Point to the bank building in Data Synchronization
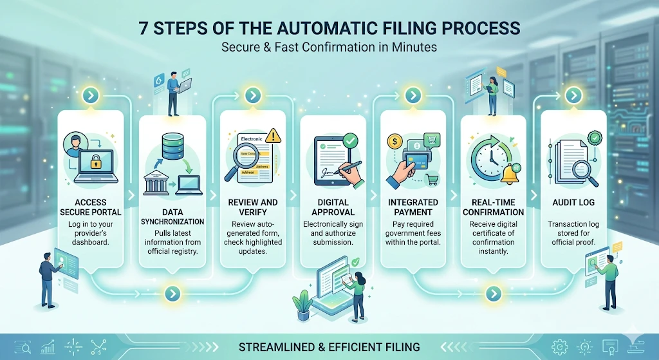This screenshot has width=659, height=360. pos(158,183)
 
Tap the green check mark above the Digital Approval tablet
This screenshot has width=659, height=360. pos(351,138)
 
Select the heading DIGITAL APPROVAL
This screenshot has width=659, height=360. pos(333,207)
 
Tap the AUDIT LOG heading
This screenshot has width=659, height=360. pos(573,202)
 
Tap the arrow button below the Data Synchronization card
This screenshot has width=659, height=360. pos(172,294)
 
